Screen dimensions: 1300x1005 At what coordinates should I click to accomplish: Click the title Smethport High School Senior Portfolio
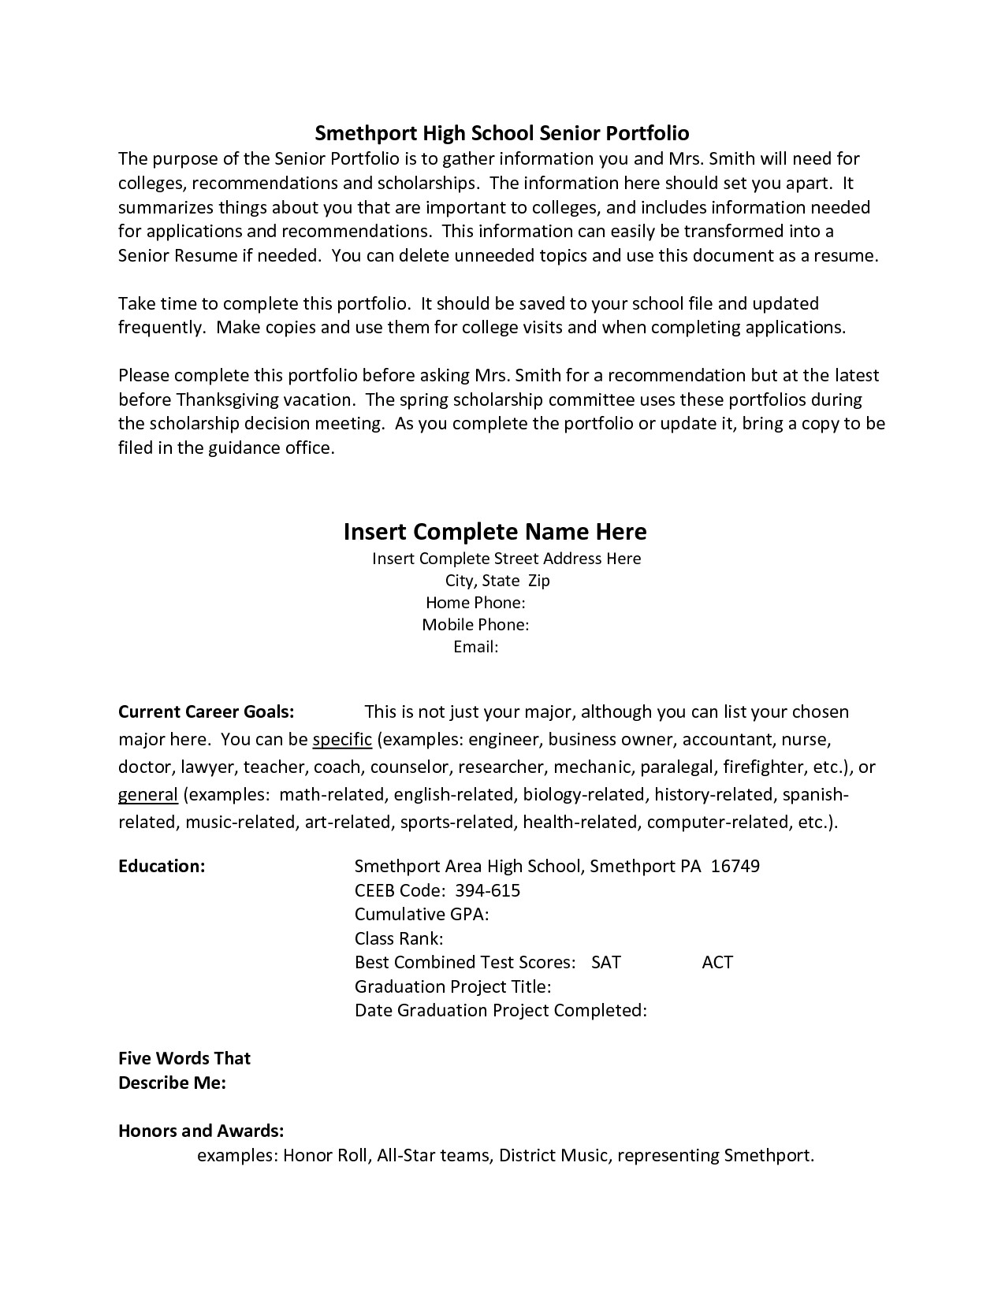pos(502,132)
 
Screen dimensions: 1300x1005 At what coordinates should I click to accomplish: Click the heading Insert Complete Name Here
pos(495,532)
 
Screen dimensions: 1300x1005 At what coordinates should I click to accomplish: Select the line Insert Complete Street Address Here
pos(506,559)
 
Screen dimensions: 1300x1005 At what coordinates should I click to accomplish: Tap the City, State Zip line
pos(497,581)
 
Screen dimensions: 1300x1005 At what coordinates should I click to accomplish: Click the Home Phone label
pos(475,603)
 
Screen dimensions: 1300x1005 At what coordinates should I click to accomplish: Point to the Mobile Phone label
pos(475,625)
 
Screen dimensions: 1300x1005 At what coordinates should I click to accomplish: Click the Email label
pos(476,647)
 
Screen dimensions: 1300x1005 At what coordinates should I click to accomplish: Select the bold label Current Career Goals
pos(206,712)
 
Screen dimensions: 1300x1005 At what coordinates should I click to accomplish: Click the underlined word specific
pos(342,740)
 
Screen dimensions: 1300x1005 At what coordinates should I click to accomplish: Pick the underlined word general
pos(147,795)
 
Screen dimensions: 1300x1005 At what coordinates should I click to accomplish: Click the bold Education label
pos(162,867)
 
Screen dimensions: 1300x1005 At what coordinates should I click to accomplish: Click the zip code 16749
pos(735,867)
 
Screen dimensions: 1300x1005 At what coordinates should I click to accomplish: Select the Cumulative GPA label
pos(422,915)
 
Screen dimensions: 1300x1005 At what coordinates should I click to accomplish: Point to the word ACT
pos(717,963)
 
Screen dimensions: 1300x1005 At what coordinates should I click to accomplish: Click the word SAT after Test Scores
pos(605,963)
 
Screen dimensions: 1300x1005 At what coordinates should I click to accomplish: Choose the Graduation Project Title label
pos(452,986)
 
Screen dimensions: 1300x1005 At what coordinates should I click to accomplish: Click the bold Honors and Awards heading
pos(201,1131)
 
